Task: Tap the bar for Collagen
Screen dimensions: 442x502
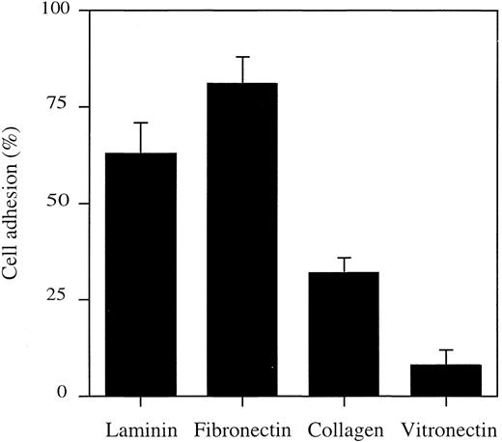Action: pos(344,334)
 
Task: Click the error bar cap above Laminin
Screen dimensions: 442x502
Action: pos(141,123)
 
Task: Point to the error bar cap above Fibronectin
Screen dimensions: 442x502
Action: pos(242,57)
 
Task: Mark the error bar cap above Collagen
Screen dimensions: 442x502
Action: pos(344,258)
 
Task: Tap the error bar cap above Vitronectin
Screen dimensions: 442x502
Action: pos(445,349)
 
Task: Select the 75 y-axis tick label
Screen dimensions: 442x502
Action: pos(61,107)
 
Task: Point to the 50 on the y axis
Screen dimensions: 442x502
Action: pos(61,204)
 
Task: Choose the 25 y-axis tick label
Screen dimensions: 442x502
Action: pos(61,299)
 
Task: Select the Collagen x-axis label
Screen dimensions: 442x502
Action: pos(344,426)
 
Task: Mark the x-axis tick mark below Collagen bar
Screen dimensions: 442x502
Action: pos(344,401)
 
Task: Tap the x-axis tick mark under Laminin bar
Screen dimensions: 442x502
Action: pos(141,401)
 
